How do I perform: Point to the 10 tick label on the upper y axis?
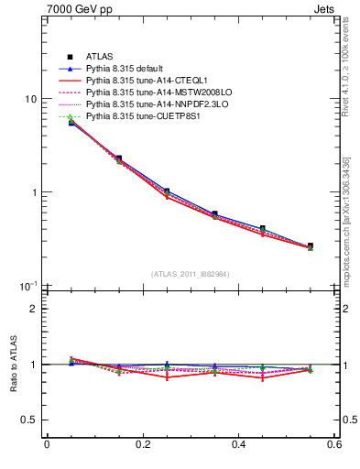coord(28,99)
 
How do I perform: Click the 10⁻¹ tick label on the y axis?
coord(27,287)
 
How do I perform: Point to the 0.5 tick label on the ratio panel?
coord(29,420)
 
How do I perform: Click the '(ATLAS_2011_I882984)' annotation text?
coord(191,274)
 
